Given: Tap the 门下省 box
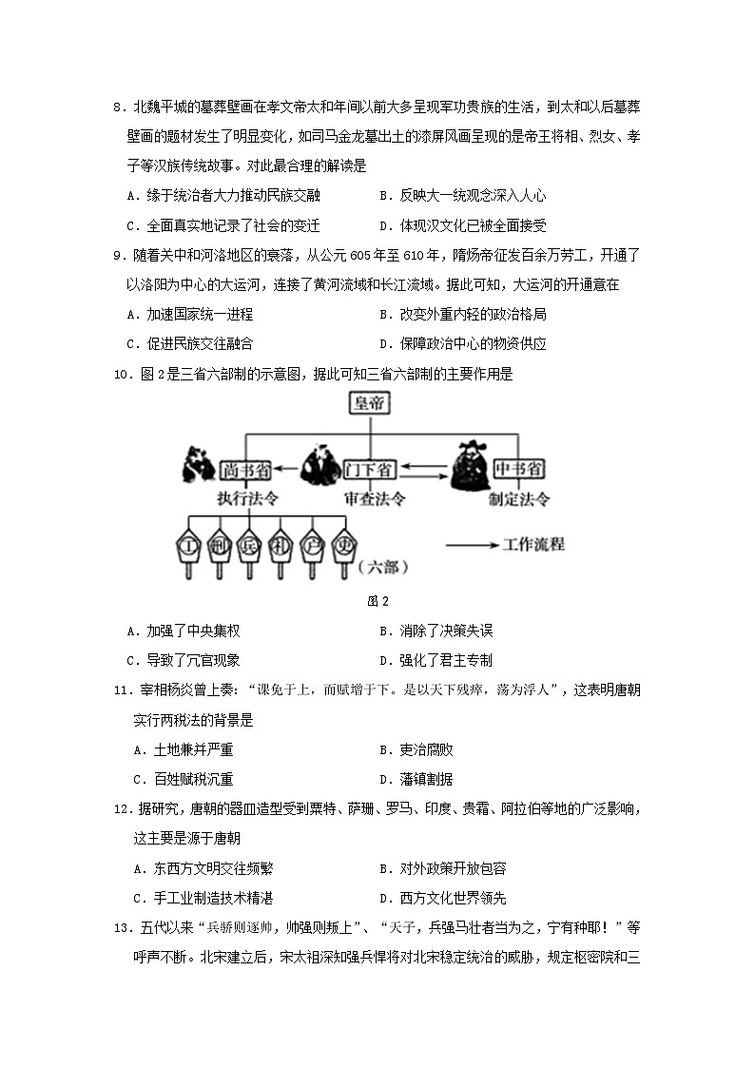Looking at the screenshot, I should (371, 469).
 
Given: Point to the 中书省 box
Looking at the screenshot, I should (519, 469).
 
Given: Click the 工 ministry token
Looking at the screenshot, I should (190, 546).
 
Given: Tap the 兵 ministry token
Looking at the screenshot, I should (249, 546).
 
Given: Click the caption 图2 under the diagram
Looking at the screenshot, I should (377, 601).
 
